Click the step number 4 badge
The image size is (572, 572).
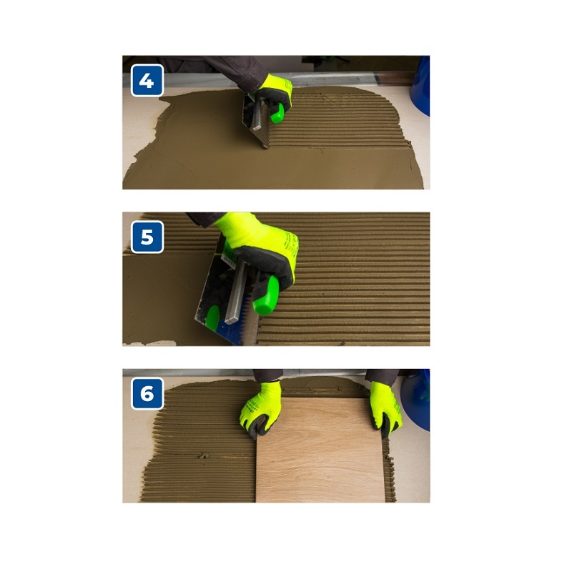147,80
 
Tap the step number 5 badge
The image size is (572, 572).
147,237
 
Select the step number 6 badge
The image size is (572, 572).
147,394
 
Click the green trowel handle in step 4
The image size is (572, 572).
278,114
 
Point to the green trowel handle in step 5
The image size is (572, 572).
266,295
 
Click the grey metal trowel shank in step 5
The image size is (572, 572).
236,292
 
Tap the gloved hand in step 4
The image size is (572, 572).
272,94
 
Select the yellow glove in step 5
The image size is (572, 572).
261,249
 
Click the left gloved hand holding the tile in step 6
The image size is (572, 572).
260,409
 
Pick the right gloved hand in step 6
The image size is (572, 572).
385,408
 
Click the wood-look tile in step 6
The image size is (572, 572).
320,450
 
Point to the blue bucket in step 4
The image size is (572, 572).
420,86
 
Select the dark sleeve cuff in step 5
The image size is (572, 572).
204,218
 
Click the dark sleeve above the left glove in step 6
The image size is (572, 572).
267,375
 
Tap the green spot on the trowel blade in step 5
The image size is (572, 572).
212,317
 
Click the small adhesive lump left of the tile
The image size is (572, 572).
203,455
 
